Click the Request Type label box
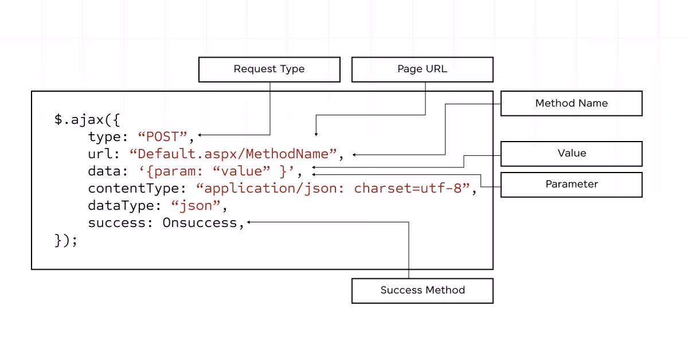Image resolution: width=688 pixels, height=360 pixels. (269, 69)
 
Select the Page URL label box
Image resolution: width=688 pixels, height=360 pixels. (422, 69)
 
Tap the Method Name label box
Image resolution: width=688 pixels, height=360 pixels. (571, 103)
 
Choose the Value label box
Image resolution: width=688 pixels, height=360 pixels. (571, 154)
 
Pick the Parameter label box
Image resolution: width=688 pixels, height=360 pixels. (571, 185)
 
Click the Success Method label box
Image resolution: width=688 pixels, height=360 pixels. (422, 291)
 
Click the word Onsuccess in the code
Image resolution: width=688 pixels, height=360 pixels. (200, 223)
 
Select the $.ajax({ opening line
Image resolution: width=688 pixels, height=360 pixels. (87, 120)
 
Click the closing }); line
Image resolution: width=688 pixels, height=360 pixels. (66, 240)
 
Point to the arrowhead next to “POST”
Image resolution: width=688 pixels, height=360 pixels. (200, 135)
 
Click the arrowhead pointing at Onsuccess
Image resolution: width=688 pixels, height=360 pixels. (249, 222)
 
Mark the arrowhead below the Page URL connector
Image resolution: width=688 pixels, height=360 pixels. (315, 134)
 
